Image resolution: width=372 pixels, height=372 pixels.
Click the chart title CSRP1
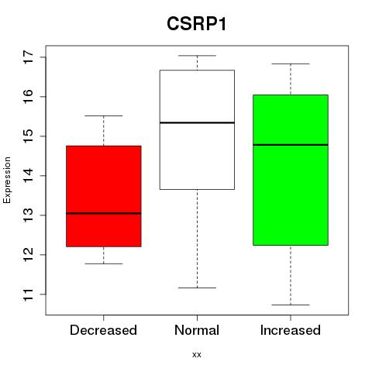tap(197, 24)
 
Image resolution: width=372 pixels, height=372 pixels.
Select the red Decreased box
tap(104, 196)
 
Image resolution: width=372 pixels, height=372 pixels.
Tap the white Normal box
tap(197, 129)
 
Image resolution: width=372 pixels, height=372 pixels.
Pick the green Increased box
tap(291, 170)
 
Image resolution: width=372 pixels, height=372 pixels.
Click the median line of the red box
tap(104, 213)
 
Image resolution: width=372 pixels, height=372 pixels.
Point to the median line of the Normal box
tap(197, 122)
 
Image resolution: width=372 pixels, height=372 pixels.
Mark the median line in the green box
tap(291, 145)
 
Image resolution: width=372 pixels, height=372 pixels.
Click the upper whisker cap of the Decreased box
tap(104, 116)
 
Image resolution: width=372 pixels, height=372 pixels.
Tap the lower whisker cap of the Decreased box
tap(104, 263)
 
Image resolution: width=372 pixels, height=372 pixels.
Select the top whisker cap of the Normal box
tap(197, 56)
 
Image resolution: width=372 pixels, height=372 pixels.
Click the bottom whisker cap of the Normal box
tap(197, 288)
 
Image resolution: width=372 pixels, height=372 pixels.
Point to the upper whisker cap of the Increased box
tap(291, 64)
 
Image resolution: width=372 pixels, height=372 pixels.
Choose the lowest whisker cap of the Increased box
tap(291, 305)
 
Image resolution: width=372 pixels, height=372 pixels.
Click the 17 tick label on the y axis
tap(29, 57)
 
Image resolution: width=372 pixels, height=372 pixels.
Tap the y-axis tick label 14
tap(29, 176)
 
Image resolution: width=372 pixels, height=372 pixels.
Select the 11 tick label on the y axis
tap(29, 294)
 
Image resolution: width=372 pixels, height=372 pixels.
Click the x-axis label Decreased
tap(103, 330)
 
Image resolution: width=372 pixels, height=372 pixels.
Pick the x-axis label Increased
tap(291, 330)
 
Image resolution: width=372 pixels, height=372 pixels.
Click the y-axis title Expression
tap(7, 180)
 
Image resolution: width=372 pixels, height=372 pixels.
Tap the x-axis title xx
tap(197, 355)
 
